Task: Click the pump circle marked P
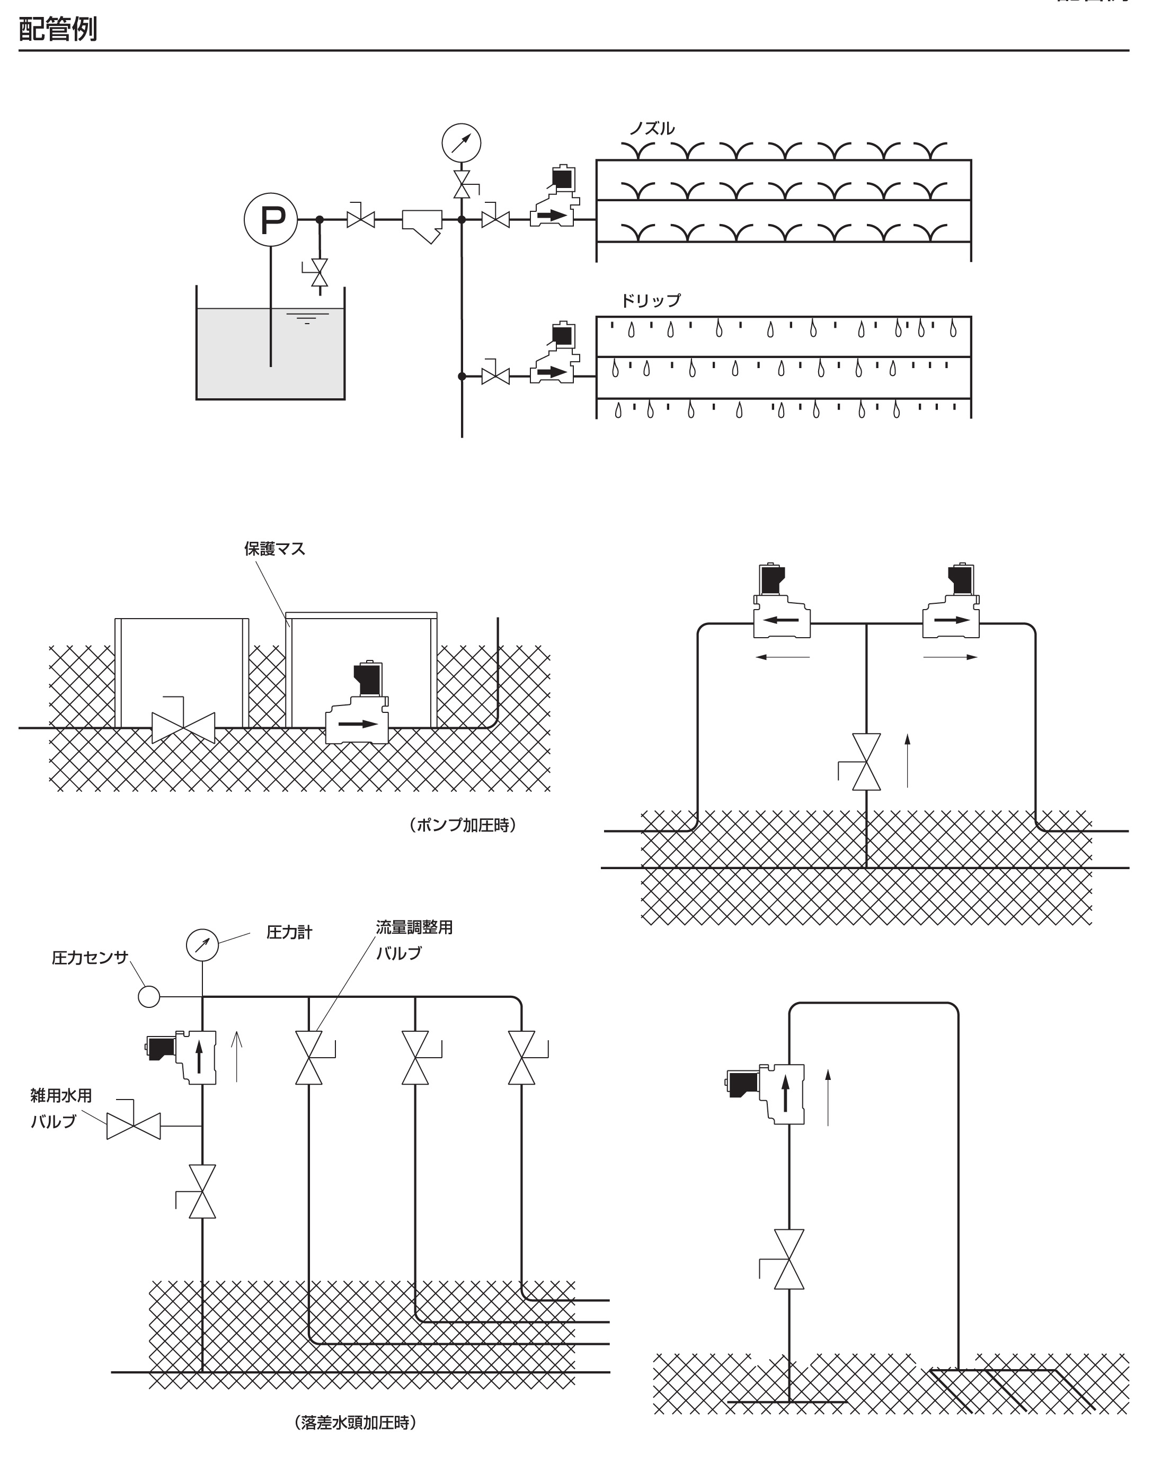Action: click(x=270, y=219)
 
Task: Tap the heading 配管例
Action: click(x=58, y=29)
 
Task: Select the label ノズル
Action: click(x=651, y=128)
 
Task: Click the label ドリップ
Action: click(x=650, y=300)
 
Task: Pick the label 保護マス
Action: click(x=274, y=549)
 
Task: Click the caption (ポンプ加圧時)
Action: click(x=463, y=825)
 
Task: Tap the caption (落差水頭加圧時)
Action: click(x=356, y=1423)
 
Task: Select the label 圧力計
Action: click(x=289, y=932)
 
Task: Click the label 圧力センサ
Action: click(x=90, y=958)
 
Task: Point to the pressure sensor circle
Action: click(x=149, y=996)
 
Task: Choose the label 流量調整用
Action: click(x=414, y=927)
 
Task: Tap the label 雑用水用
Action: click(x=61, y=1095)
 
